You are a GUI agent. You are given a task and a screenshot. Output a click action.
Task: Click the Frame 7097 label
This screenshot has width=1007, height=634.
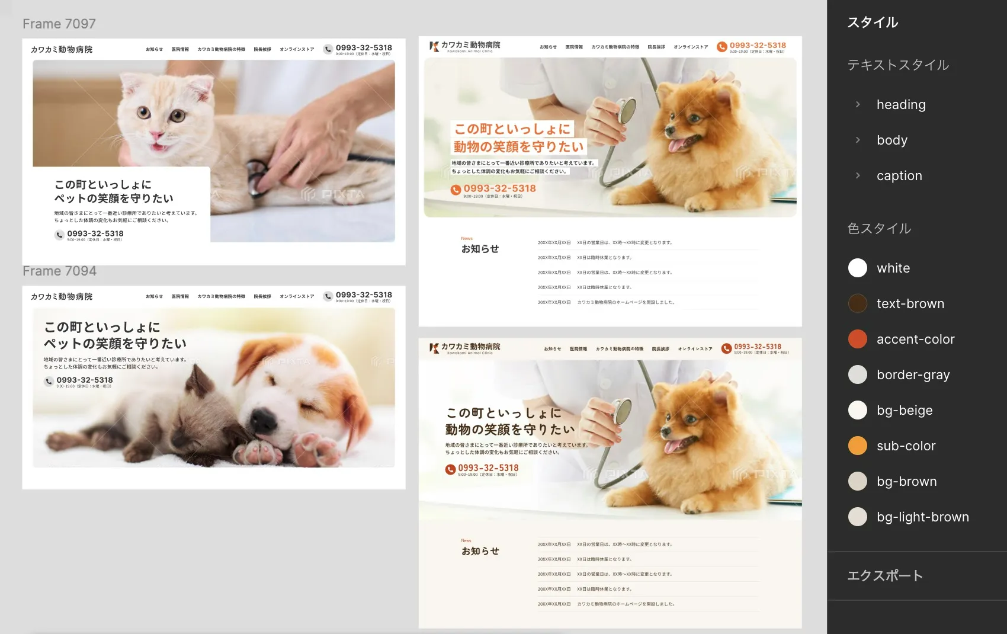point(59,24)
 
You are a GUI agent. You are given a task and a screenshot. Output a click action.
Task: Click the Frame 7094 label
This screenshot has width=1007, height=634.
point(59,271)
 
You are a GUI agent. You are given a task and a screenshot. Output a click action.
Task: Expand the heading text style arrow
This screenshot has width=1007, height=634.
point(858,104)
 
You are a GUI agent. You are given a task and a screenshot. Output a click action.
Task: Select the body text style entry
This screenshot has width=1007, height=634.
point(891,140)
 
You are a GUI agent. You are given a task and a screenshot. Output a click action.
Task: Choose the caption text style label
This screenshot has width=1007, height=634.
point(899,175)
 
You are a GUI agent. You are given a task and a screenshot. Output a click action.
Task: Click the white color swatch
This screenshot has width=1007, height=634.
point(857,268)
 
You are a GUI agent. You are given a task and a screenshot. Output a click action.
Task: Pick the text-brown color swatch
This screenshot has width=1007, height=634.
point(857,303)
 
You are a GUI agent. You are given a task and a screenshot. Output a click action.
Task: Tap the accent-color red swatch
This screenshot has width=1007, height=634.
point(857,339)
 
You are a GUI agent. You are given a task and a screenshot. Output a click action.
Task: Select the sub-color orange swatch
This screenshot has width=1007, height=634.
point(857,446)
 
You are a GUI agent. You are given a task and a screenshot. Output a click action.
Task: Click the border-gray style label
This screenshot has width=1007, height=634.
point(913,374)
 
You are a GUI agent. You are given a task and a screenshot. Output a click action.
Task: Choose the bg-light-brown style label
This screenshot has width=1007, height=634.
point(922,517)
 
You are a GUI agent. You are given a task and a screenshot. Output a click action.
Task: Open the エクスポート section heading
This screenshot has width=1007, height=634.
point(884,575)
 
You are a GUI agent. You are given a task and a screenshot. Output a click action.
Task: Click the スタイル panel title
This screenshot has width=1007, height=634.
point(872,23)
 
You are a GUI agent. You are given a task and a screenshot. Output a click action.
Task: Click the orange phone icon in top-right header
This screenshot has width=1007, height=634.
point(721,47)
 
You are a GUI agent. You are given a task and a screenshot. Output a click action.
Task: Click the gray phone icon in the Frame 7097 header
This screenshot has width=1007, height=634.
point(328,49)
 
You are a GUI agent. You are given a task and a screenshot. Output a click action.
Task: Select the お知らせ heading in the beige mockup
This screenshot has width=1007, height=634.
point(480,551)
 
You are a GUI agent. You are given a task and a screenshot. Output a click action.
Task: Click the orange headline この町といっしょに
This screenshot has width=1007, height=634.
point(512,129)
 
